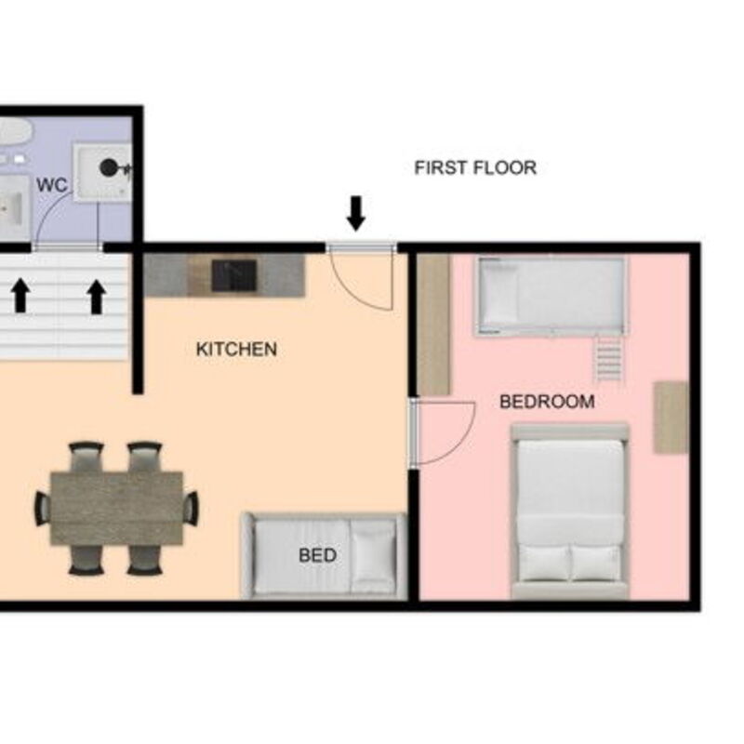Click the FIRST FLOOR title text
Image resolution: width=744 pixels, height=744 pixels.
(475, 167)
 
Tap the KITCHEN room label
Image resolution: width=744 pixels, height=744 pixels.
(236, 350)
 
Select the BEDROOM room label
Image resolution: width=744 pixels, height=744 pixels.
(547, 402)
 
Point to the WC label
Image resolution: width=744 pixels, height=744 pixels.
(52, 185)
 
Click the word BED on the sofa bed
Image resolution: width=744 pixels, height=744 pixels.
(317, 555)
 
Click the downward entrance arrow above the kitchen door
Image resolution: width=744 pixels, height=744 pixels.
(356, 214)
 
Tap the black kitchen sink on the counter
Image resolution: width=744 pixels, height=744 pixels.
(234, 275)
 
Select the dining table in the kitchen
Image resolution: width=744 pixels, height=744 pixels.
(117, 508)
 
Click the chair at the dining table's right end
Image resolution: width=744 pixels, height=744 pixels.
(191, 508)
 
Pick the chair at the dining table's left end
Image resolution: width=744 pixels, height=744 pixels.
(43, 508)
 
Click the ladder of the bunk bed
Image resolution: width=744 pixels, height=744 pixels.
(608, 358)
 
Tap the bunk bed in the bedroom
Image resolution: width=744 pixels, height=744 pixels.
(551, 297)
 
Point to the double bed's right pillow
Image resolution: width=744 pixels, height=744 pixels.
(595, 563)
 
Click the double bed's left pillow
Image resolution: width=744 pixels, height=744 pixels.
(544, 563)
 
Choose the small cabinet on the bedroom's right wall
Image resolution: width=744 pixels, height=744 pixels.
(671, 417)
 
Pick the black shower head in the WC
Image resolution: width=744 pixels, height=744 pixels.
(109, 167)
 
